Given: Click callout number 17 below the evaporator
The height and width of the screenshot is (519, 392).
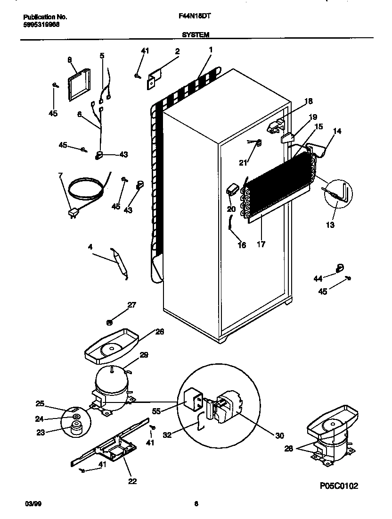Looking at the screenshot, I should [x=261, y=244].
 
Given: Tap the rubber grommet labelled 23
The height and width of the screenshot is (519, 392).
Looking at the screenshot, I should [x=74, y=429].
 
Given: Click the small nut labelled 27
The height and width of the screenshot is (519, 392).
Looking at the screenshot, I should [x=109, y=322].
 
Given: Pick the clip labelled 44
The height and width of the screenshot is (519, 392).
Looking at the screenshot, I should [x=340, y=269].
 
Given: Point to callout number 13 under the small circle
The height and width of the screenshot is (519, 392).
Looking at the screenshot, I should [x=330, y=225].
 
